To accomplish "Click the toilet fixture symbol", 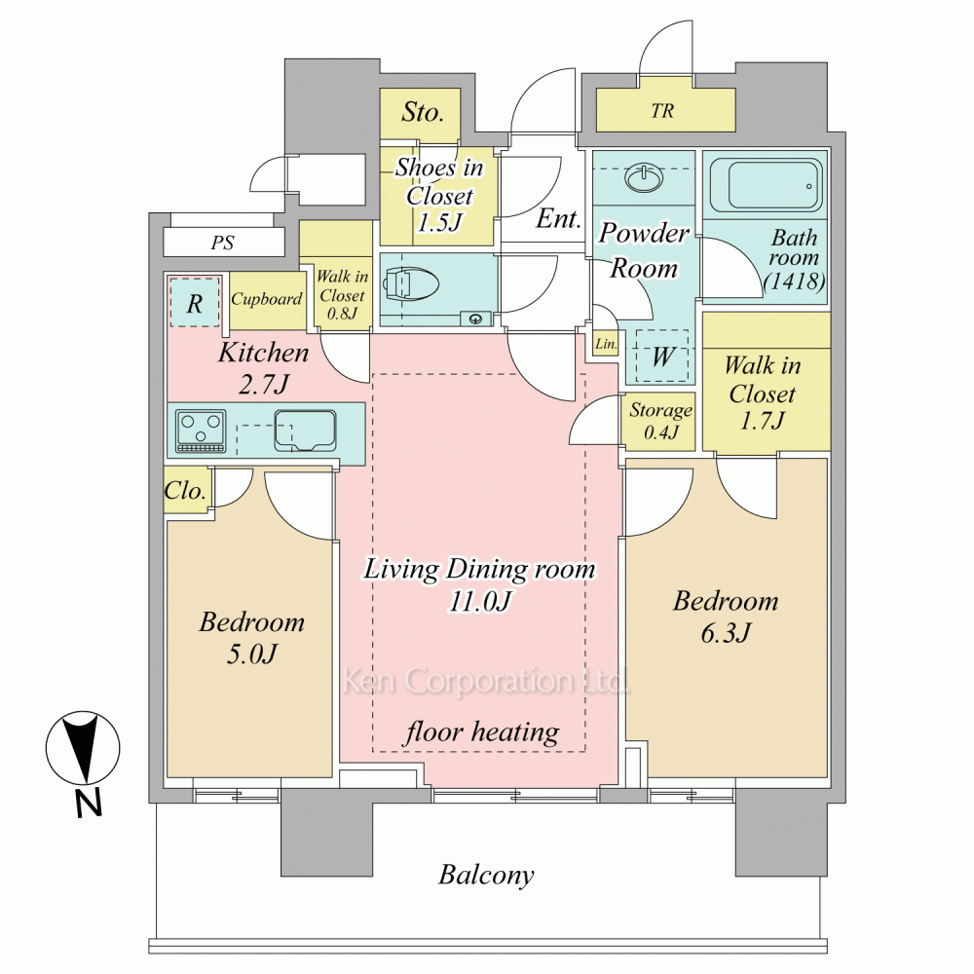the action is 411,285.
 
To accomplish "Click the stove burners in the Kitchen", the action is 201,430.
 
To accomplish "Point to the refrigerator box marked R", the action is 195,302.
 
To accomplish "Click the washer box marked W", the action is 662,356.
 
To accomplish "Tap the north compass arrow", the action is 83,748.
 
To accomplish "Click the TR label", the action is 662,111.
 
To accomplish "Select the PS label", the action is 222,243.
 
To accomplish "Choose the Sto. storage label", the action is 423,112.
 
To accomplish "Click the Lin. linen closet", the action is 605,344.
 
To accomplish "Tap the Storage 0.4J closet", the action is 658,421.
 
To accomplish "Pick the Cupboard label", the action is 267,299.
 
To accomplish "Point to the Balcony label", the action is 486,875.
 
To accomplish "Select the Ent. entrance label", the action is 558,218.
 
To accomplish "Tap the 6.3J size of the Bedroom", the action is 726,633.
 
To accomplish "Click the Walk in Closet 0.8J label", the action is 342,294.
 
